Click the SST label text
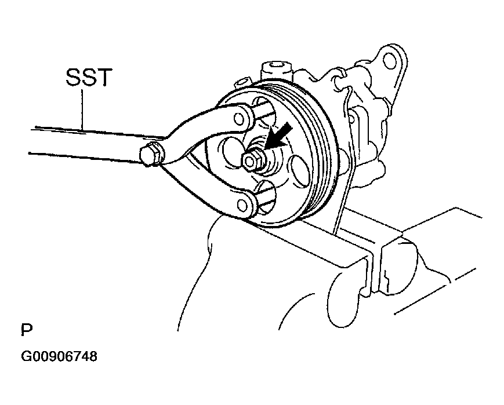click(89, 77)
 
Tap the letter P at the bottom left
click(27, 330)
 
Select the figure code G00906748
click(59, 356)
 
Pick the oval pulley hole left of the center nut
click(230, 151)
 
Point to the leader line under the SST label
click(82, 109)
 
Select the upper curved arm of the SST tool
click(206, 128)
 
